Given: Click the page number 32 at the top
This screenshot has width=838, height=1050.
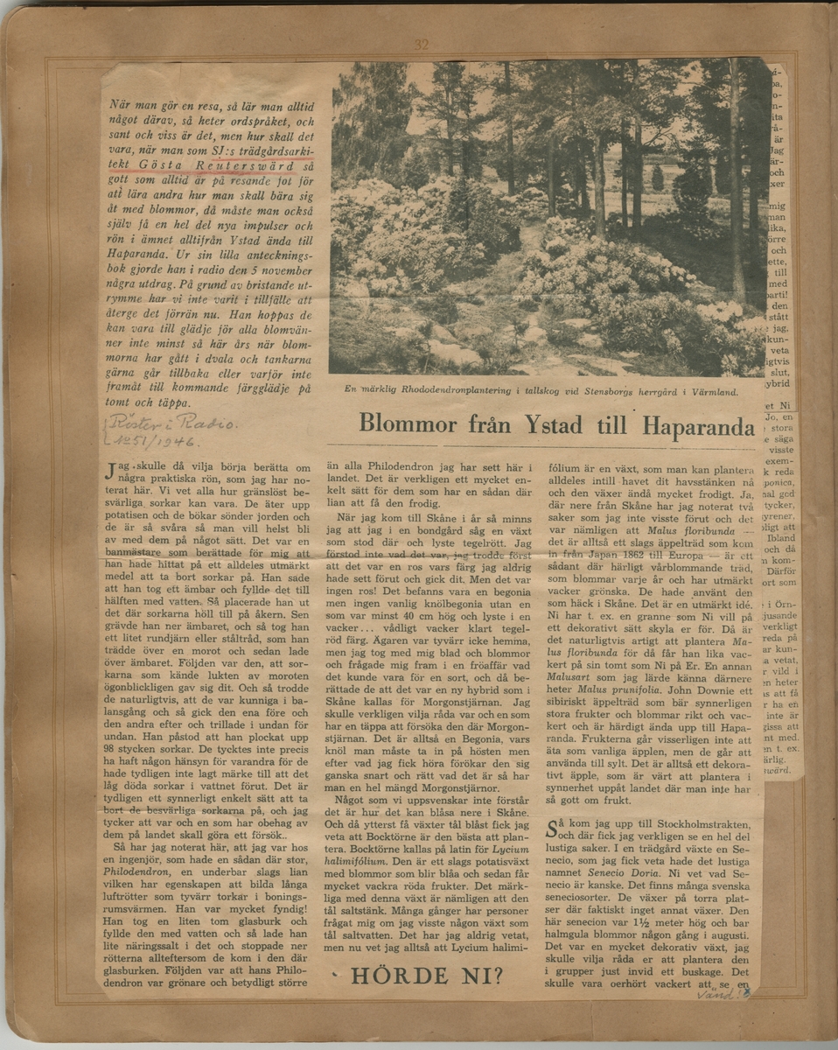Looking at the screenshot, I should (422, 45).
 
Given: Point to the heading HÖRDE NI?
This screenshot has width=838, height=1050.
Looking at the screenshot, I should (427, 976).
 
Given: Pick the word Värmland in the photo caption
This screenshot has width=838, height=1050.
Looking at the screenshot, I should (699, 393).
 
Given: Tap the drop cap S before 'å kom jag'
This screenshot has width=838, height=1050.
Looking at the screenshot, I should (552, 829).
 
